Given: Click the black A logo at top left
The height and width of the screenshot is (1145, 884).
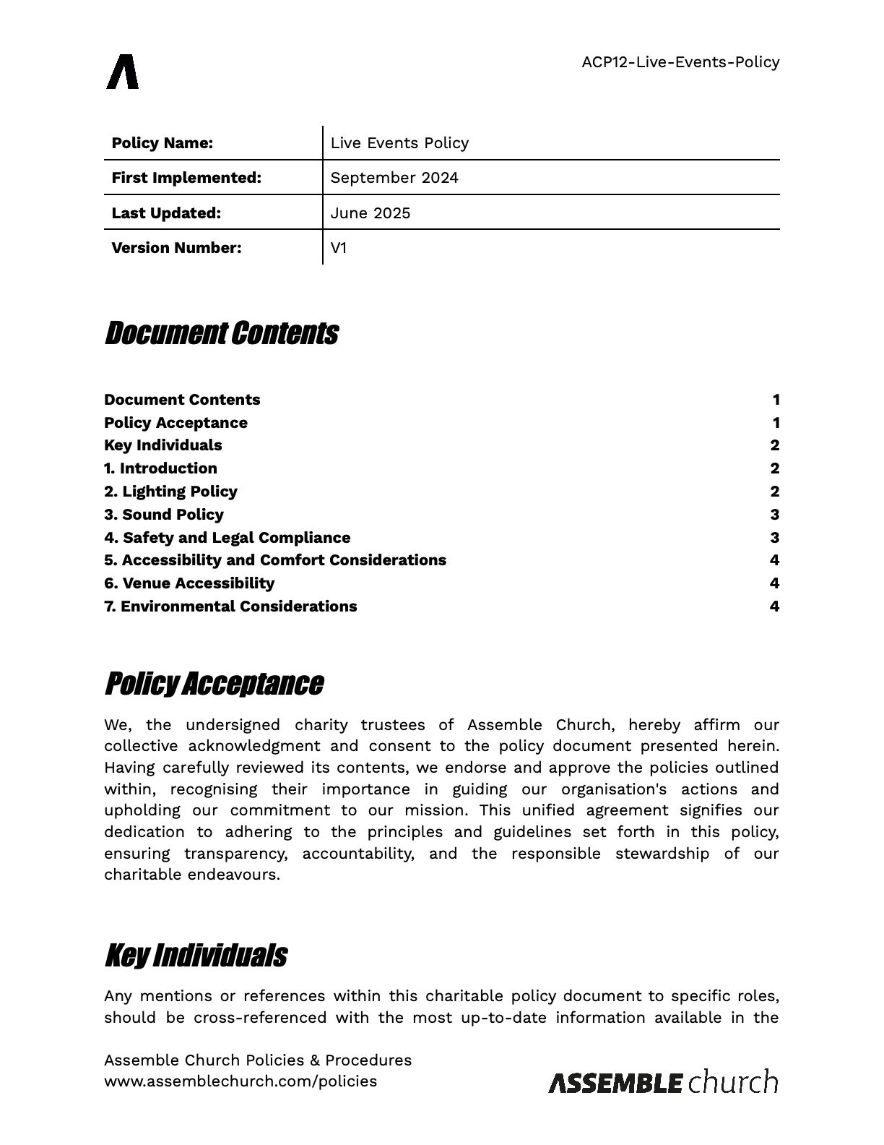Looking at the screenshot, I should click(123, 72).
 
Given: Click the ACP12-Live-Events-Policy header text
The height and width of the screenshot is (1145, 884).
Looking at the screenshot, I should click(680, 62).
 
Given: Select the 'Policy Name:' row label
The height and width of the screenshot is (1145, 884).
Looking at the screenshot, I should click(162, 143).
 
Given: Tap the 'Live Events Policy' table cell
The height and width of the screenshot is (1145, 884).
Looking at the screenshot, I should click(399, 143).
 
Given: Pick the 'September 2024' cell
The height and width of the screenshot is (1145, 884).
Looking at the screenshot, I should click(394, 178).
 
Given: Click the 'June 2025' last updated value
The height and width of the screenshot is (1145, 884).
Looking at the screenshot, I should click(370, 213).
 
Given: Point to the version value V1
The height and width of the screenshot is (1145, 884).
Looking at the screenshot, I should click(339, 248).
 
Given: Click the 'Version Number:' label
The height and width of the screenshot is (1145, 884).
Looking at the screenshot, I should click(176, 248).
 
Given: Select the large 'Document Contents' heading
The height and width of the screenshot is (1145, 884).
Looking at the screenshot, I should click(221, 334).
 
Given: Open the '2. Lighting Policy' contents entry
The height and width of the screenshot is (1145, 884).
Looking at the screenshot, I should click(170, 492).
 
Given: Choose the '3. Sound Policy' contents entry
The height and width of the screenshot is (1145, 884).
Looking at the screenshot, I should click(164, 515).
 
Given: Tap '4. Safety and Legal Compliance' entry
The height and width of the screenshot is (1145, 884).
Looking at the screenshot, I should click(227, 538).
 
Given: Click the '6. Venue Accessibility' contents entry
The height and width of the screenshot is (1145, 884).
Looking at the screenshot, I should click(189, 583).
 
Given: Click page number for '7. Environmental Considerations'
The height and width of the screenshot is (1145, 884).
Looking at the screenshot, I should click(774, 606).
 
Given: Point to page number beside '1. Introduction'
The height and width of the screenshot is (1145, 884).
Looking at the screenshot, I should click(774, 468).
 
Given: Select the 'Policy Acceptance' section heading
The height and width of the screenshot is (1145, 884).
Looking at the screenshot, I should click(214, 684).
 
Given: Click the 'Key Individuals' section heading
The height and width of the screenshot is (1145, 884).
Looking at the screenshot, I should click(196, 956).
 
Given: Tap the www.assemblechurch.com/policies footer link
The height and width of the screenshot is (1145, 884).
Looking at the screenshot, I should click(240, 1081).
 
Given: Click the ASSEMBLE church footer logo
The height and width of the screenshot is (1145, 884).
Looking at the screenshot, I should click(663, 1082).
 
